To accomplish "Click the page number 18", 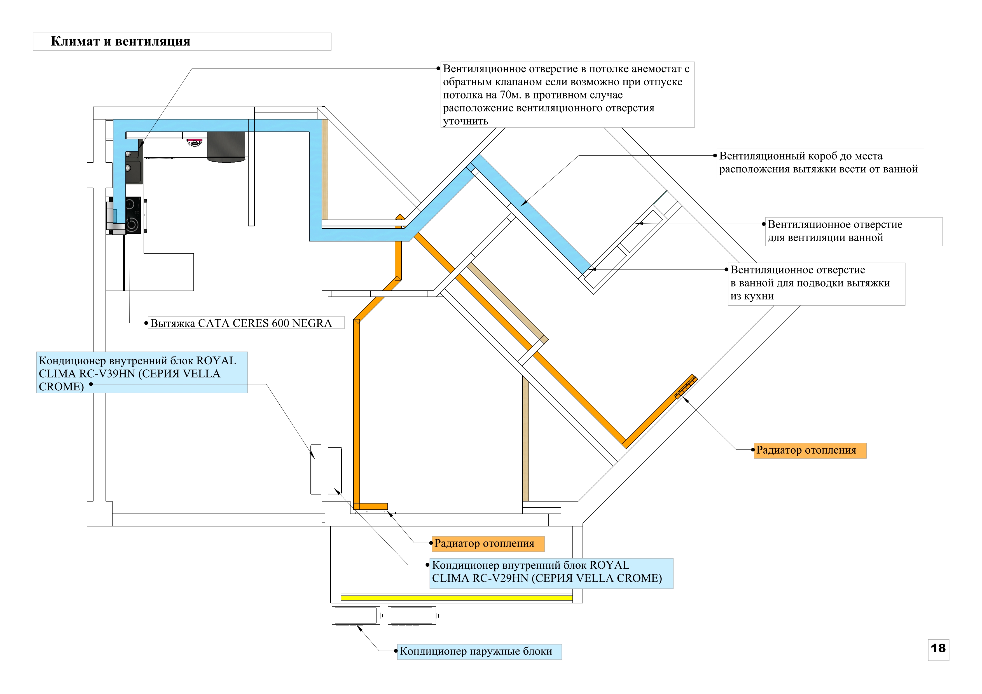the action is [938, 648].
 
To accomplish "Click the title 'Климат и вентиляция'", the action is [121, 41].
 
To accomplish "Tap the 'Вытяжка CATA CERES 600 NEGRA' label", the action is [241, 323].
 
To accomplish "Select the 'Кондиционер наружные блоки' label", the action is [476, 652].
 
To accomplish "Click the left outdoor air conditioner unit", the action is [356, 616].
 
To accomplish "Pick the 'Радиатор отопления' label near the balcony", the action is [484, 543].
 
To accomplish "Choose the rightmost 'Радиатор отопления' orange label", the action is [806, 450].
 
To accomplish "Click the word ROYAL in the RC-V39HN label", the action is [216, 361].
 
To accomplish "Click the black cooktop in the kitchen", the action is [133, 215].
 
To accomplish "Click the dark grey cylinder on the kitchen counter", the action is [226, 147].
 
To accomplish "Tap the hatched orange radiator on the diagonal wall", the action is [686, 386].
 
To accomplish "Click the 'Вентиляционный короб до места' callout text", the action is [801, 156].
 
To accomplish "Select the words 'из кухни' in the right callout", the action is [752, 296].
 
